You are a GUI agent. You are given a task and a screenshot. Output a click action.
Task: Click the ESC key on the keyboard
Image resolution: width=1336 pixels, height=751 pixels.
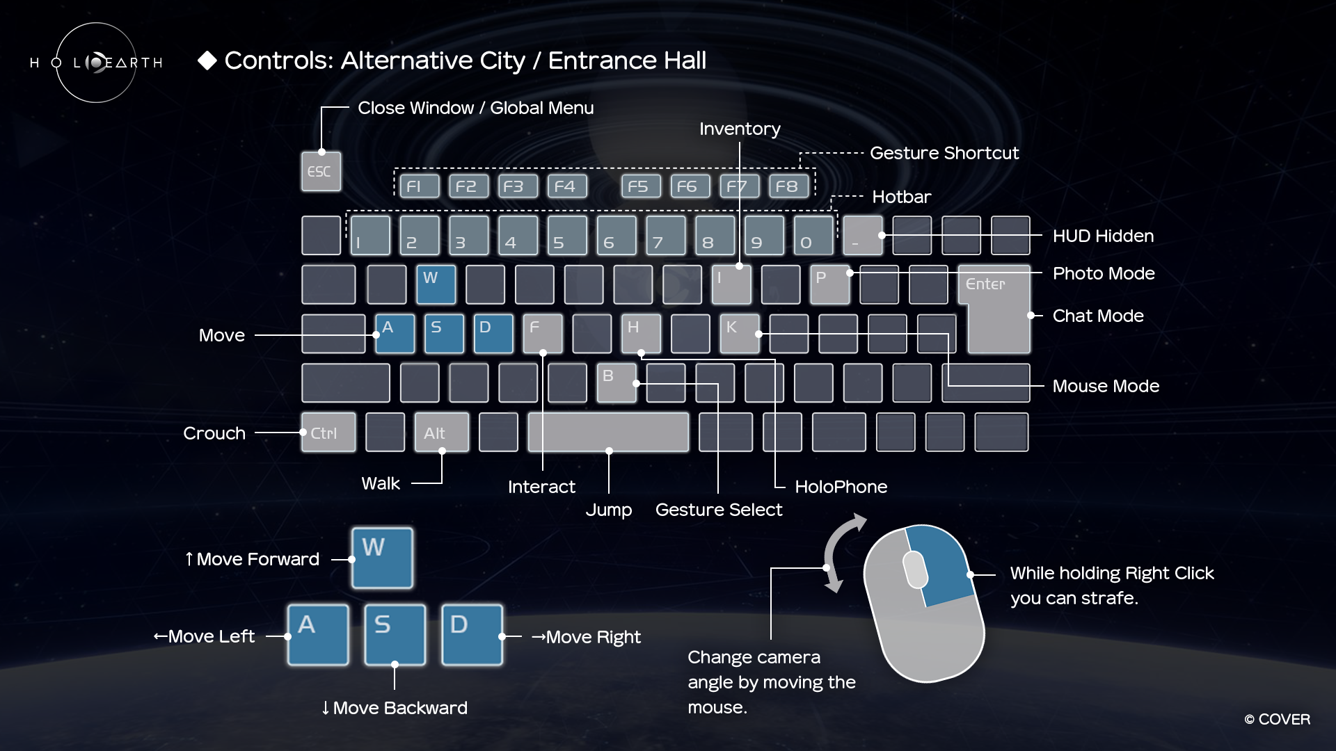click(321, 171)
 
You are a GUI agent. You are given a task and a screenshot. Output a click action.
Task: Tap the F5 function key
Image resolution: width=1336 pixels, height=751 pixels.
click(641, 186)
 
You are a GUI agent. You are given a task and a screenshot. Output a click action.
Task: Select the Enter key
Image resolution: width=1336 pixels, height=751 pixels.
click(994, 309)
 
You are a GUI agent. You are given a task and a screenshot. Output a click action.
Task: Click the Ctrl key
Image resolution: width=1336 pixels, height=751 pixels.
click(328, 433)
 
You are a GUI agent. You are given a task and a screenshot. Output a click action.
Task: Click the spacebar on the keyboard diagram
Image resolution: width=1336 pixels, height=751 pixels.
click(608, 433)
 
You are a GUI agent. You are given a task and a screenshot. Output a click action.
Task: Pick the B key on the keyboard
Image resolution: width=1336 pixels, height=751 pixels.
click(617, 383)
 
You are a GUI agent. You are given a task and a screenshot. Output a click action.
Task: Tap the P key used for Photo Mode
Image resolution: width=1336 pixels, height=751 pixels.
click(829, 284)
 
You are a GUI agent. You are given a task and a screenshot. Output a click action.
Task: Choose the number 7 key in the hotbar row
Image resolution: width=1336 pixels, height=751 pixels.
click(665, 236)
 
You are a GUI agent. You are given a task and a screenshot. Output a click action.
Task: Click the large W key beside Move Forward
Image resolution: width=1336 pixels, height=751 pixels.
click(382, 558)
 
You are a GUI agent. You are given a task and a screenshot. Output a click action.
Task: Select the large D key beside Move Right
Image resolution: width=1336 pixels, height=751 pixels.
click(472, 635)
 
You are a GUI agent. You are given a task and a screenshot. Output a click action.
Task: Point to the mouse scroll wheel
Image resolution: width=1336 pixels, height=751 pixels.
click(915, 570)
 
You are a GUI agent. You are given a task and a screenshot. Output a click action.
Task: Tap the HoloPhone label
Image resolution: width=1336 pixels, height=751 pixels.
click(841, 487)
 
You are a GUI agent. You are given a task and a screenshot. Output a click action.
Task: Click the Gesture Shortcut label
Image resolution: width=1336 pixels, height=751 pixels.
click(944, 153)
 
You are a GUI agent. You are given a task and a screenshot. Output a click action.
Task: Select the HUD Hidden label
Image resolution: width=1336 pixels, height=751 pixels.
click(1103, 236)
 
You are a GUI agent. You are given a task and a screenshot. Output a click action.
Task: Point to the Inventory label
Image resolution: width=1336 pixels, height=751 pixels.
click(740, 129)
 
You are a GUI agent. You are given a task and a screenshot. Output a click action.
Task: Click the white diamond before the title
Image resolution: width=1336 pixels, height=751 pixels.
click(207, 60)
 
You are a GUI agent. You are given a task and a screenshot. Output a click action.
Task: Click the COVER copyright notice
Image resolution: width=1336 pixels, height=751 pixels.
click(1277, 720)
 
